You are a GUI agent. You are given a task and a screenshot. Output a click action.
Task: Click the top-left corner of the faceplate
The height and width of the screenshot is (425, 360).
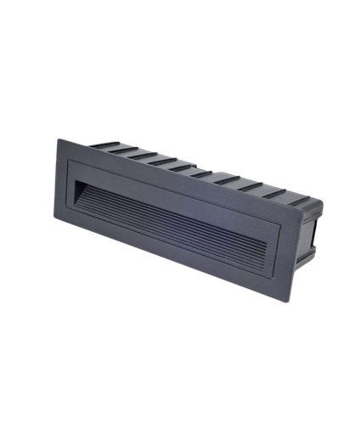pos(56,138)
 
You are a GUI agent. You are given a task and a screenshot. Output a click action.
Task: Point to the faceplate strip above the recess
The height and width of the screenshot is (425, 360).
pos(170,182)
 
